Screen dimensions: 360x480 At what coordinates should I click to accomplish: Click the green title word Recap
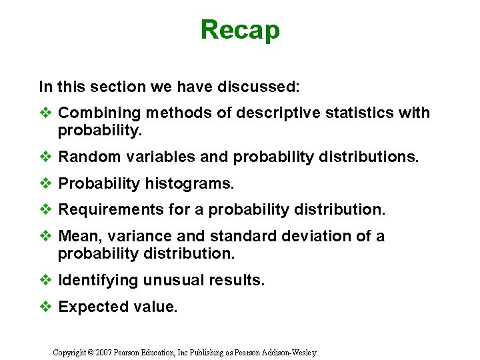point(240,30)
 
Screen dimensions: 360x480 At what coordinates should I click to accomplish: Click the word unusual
point(168,281)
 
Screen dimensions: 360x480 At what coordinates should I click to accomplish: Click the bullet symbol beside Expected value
point(45,307)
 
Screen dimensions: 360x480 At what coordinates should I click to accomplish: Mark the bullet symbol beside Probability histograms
point(45,183)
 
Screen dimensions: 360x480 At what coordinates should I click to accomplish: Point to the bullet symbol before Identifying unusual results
point(45,281)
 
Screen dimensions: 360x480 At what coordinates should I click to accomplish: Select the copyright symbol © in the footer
point(91,351)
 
